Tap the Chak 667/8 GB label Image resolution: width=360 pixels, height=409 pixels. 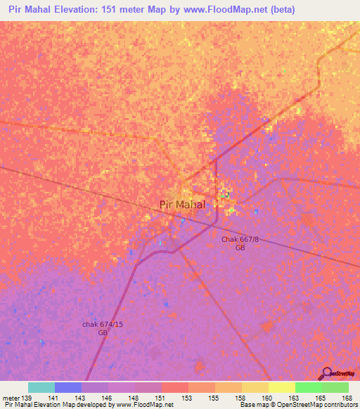pos(240,244)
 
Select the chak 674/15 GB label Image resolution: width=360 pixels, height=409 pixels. pos(103,327)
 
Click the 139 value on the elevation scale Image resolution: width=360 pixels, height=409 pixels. pos(27,398)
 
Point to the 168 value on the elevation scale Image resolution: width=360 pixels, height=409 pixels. pos(347,398)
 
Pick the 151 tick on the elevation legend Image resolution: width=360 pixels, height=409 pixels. pos(161,398)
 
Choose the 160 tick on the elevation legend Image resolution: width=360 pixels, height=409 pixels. pos(267,398)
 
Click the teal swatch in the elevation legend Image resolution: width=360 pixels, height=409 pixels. pos(41,387)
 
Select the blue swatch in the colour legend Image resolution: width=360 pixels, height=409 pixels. pos(68,387)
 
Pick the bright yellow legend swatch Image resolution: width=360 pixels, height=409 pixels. pos(281,387)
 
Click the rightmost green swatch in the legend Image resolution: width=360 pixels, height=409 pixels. pos(335,387)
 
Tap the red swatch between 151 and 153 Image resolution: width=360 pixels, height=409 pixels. pos(174,387)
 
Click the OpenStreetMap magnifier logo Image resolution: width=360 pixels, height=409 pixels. pos(326,373)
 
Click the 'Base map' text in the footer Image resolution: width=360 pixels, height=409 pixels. pos(254,405)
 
